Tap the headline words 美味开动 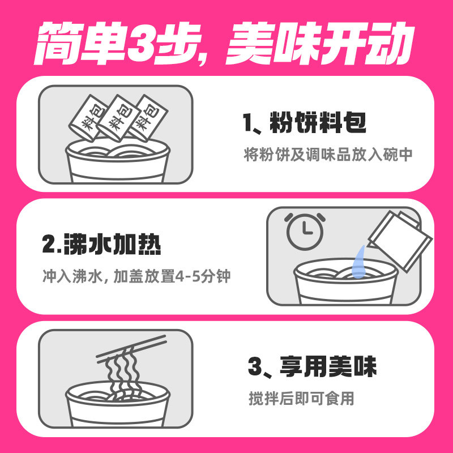[317, 44]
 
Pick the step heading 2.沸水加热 [102, 246]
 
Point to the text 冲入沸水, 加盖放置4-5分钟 [136, 277]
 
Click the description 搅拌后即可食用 [301, 398]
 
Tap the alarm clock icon [305, 231]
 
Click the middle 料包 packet [117, 117]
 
